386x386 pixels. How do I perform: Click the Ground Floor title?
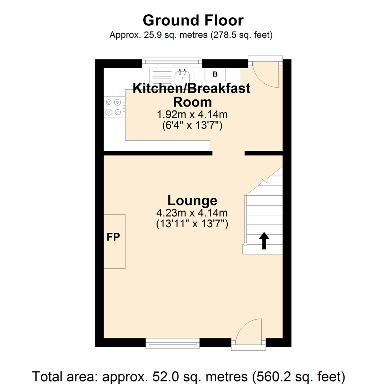(x=193, y=20)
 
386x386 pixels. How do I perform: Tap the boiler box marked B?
(x=215, y=74)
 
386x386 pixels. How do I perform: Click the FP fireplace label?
(x=113, y=237)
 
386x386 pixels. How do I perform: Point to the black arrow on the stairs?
(x=264, y=241)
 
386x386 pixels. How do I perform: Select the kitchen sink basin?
(x=182, y=77)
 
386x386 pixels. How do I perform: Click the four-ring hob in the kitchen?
(x=114, y=107)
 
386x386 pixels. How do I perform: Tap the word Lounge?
(x=192, y=201)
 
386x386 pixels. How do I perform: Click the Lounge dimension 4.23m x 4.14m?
(x=192, y=213)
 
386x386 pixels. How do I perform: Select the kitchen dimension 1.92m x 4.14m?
(x=192, y=114)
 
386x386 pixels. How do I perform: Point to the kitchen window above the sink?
(x=172, y=63)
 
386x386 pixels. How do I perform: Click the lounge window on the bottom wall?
(x=172, y=343)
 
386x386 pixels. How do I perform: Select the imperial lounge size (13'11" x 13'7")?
(x=192, y=224)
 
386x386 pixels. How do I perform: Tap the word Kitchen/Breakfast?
(x=192, y=88)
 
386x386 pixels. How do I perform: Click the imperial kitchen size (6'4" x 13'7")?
(x=192, y=125)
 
